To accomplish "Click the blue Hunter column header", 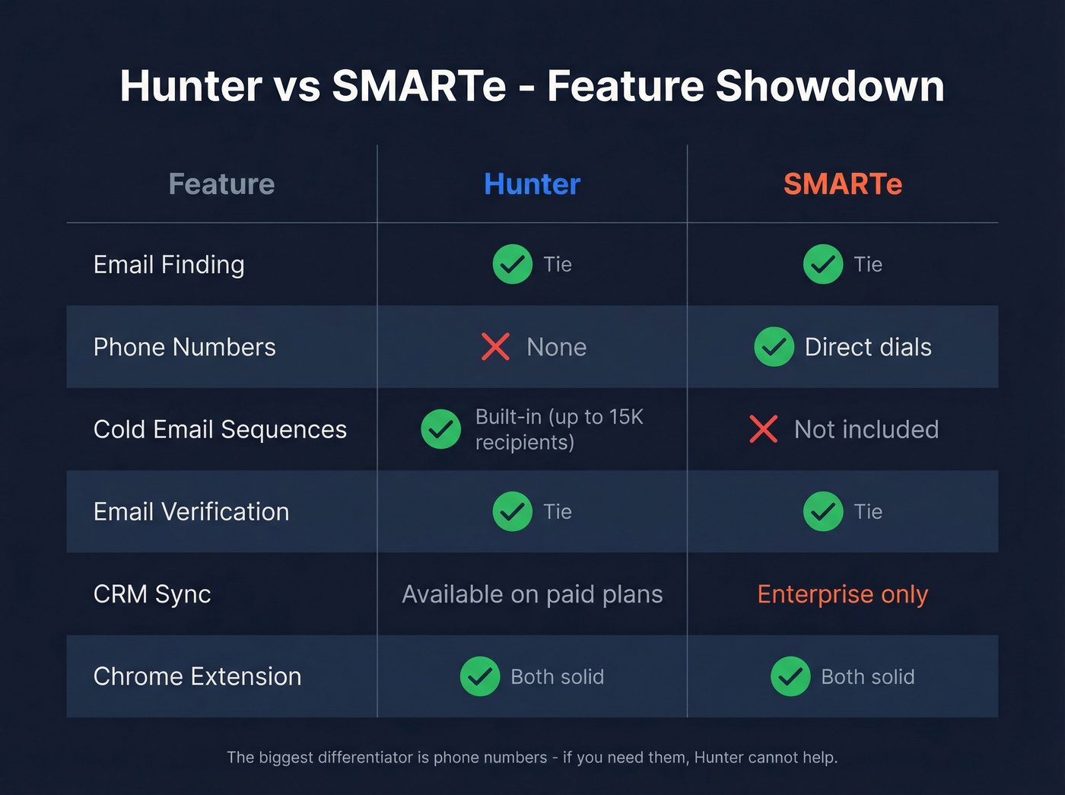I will [532, 184].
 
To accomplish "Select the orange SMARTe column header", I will [843, 184].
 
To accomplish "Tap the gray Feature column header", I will [221, 184].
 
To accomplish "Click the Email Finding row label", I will [169, 265].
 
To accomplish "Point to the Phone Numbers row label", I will [184, 347].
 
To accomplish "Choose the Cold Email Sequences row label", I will [220, 429].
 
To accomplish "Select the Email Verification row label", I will [191, 512].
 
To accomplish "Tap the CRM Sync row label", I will [152, 594].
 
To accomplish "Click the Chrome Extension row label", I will [197, 676].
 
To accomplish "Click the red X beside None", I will [495, 347].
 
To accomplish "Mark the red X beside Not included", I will [763, 429].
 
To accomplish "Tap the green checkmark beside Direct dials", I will [774, 347].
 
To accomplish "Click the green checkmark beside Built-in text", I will [441, 429].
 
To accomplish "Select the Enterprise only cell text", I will [843, 594].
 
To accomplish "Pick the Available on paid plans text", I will [532, 594].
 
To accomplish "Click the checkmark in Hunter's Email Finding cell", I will [513, 264].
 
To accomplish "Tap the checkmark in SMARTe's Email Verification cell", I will [823, 511].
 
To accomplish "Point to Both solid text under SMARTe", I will [868, 677].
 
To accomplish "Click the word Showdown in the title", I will [830, 86].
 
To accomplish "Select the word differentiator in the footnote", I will [365, 758].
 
